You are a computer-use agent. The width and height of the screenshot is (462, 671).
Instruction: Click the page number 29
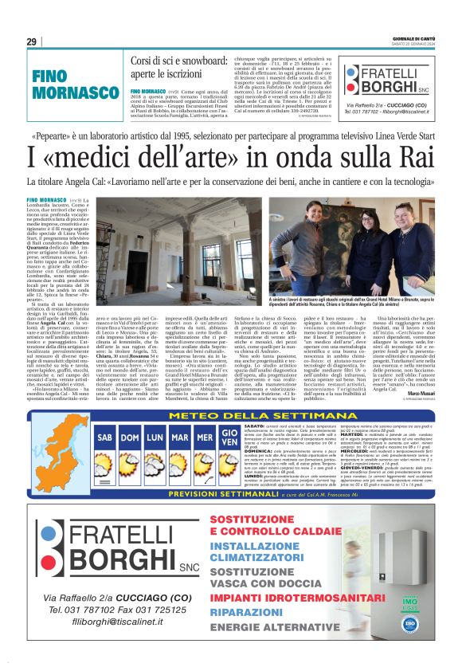pos(32,41)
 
